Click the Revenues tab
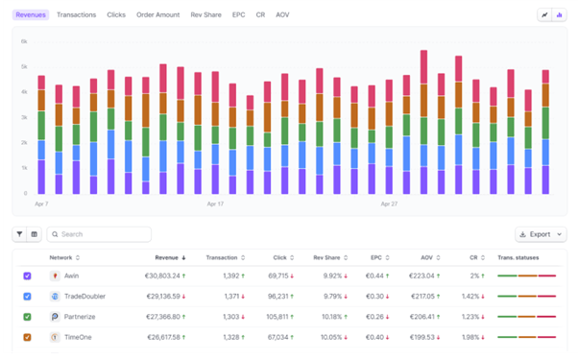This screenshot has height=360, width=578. pyautogui.click(x=31, y=15)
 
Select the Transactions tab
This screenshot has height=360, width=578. pyautogui.click(x=77, y=15)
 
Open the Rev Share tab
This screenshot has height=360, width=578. pyautogui.click(x=206, y=15)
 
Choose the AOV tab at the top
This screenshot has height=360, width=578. pyautogui.click(x=282, y=15)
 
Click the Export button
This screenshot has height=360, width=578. pyautogui.click(x=541, y=234)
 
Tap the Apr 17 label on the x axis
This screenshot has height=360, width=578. pyautogui.click(x=215, y=204)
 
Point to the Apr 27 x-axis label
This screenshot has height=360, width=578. pyautogui.click(x=390, y=204)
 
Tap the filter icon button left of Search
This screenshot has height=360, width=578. pyautogui.click(x=19, y=234)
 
